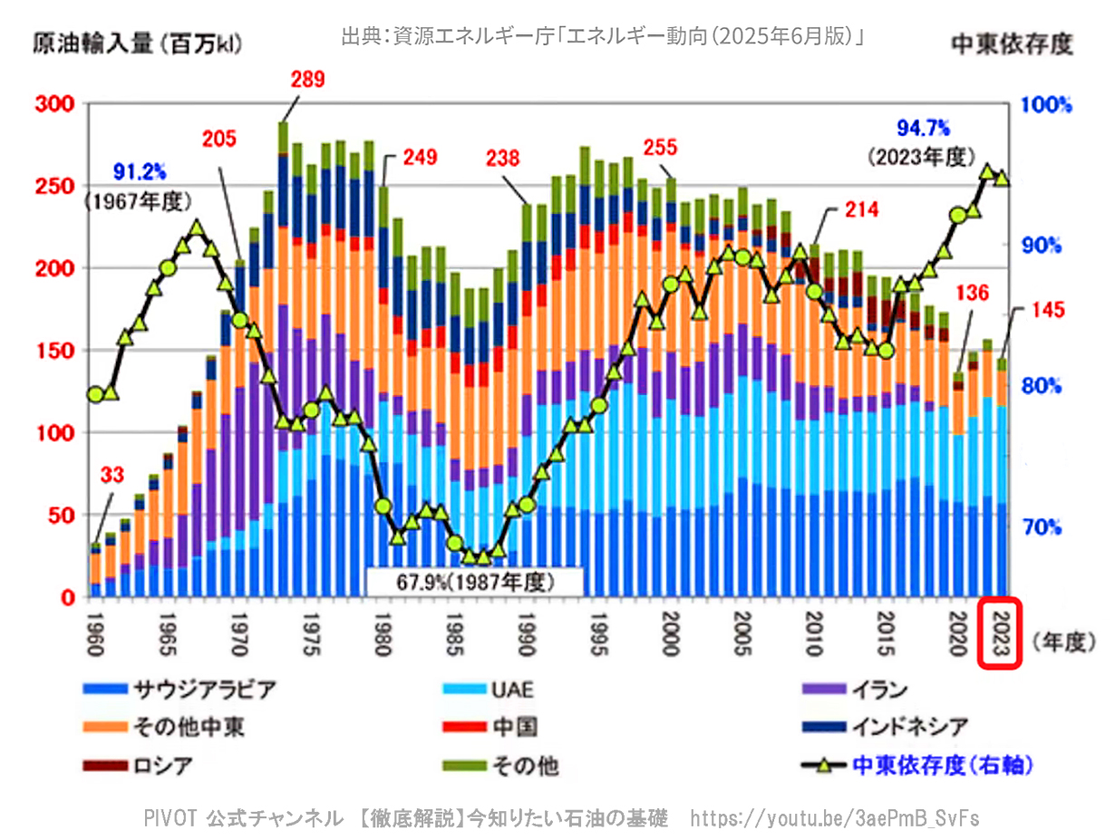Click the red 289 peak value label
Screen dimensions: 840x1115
point(308,80)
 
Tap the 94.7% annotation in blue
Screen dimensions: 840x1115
point(921,126)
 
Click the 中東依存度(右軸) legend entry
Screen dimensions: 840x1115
point(943,766)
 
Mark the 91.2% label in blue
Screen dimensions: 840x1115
point(140,171)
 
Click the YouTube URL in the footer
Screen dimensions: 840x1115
point(834,819)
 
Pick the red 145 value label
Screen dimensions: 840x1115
point(1052,311)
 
